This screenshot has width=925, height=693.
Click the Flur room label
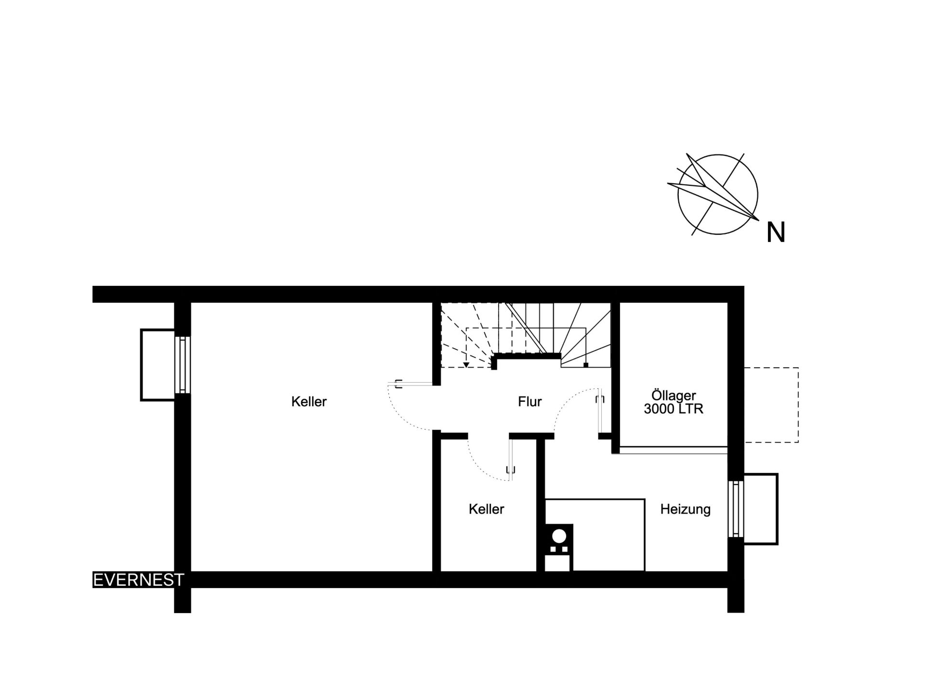530,402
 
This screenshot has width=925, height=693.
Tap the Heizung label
685,510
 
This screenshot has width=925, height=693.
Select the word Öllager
674,396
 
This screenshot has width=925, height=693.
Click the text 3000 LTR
674,409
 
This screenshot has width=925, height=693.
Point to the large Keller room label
309,402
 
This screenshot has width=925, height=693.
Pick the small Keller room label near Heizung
486,509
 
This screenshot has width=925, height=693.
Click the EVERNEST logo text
138,580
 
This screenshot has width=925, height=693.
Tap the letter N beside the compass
776,232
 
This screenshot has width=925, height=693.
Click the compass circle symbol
717,194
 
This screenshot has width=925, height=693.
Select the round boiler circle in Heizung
559,536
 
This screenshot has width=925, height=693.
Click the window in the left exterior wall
183,364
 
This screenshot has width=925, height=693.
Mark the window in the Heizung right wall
736,509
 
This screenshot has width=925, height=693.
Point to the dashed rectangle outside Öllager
771,405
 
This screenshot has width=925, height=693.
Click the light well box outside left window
158,365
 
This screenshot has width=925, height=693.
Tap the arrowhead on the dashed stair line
466,365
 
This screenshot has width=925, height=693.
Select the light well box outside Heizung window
761,509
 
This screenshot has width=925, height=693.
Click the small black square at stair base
586,365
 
